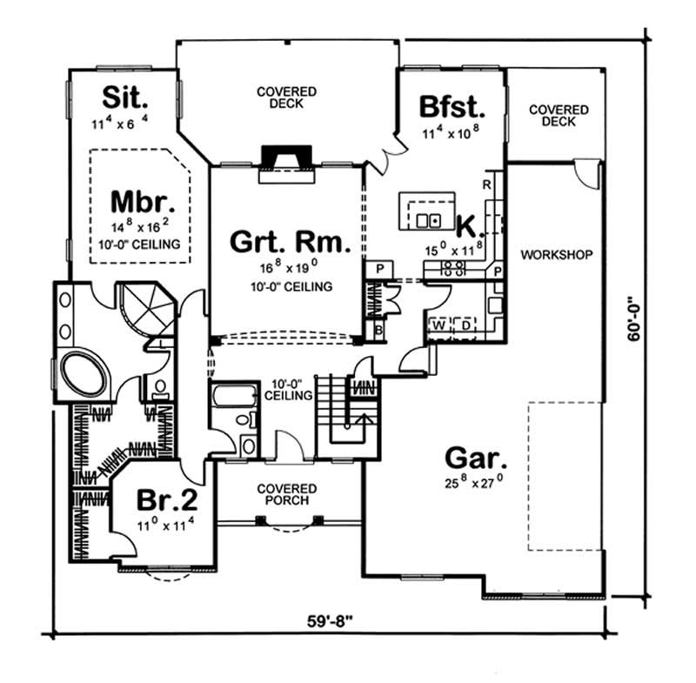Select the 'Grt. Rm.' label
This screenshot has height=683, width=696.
coord(291,241)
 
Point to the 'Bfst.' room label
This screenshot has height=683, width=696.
coord(451,107)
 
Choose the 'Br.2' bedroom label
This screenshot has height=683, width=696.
coord(167,500)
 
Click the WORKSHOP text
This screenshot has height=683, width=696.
coord(556,255)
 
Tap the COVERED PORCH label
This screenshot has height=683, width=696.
coord(286,496)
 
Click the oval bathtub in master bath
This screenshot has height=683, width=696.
coord(84,376)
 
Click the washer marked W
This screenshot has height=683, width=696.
coord(439,325)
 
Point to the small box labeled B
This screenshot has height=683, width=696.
coord(378,330)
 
